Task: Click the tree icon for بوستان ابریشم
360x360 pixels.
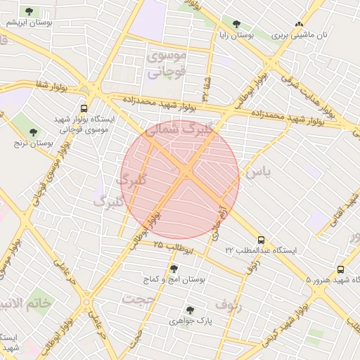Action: (x=30, y=11)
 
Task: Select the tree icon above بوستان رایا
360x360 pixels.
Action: (x=237, y=23)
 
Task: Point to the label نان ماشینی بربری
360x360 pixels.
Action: (x=300, y=34)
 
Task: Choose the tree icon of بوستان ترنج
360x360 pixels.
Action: (x=33, y=131)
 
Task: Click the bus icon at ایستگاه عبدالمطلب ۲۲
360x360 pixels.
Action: (x=261, y=240)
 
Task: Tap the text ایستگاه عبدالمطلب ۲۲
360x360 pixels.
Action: (x=261, y=250)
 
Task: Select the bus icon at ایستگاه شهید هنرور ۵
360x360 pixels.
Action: (x=341, y=269)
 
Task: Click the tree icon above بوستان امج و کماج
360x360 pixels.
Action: (x=174, y=268)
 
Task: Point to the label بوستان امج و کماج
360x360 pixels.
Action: (x=174, y=279)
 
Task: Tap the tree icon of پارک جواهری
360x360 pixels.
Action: (x=190, y=309)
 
